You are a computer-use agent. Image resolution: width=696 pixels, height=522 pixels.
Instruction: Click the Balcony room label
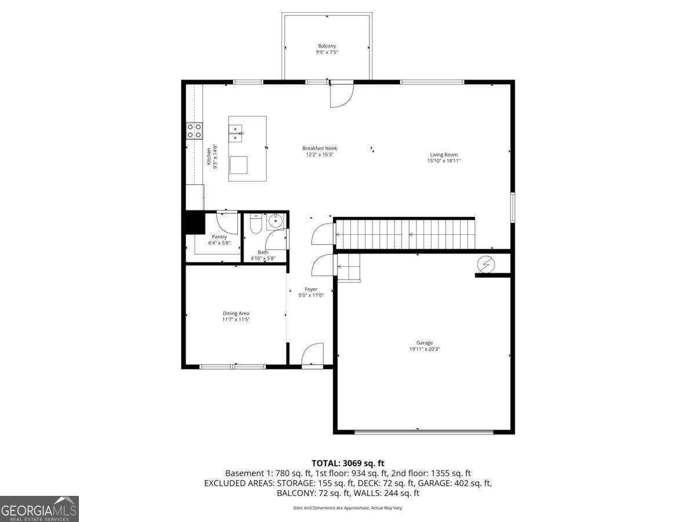327,46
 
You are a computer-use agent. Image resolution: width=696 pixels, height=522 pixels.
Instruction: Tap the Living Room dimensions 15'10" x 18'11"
444,161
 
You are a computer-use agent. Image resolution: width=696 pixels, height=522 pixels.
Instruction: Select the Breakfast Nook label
320,148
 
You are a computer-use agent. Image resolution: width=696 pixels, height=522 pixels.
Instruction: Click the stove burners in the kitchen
194,130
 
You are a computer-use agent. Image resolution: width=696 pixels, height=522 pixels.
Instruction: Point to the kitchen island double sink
236,133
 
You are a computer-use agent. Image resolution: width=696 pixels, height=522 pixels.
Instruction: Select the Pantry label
219,237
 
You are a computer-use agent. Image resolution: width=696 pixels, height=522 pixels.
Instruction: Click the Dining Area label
236,313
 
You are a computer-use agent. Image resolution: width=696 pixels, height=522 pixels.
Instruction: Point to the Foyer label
311,289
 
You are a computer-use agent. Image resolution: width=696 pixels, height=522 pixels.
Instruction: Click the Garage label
424,343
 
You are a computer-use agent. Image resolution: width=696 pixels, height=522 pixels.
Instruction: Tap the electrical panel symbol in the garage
486,264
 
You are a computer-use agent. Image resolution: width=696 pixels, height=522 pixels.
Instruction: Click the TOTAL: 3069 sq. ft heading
348,463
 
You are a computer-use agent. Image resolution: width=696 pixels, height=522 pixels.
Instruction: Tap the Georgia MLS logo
39,509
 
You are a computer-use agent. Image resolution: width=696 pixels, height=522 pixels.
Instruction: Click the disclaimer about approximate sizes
347,508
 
